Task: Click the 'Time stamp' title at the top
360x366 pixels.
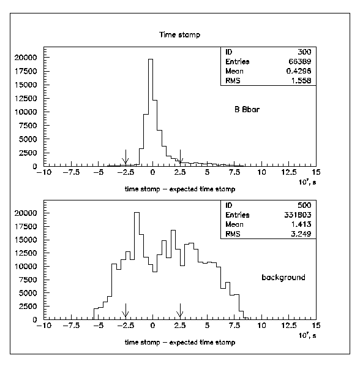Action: (x=179, y=35)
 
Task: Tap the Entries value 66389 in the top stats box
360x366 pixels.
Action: (x=300, y=61)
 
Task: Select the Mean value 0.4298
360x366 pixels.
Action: (x=299, y=71)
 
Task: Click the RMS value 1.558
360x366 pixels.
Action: (x=301, y=81)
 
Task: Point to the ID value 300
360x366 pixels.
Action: (x=304, y=52)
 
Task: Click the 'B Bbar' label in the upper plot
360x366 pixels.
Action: (x=247, y=109)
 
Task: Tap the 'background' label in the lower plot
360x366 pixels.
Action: (x=283, y=277)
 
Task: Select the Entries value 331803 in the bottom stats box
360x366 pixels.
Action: (x=298, y=215)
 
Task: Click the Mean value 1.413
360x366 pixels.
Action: (x=301, y=224)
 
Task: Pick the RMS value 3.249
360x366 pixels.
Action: (x=301, y=234)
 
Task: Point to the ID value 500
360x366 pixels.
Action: (x=304, y=205)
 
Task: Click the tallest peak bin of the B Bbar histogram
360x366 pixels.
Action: (x=151, y=113)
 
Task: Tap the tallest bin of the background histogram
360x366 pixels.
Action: (x=137, y=265)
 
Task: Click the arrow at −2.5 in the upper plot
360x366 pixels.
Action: (x=126, y=157)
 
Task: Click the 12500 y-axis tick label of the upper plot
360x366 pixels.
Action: (x=26, y=99)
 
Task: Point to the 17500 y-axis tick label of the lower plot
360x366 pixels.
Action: (x=26, y=226)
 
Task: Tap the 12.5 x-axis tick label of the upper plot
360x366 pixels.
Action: (x=289, y=172)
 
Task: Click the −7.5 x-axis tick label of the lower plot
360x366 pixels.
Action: (x=72, y=326)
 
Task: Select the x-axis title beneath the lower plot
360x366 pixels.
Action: (x=180, y=343)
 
